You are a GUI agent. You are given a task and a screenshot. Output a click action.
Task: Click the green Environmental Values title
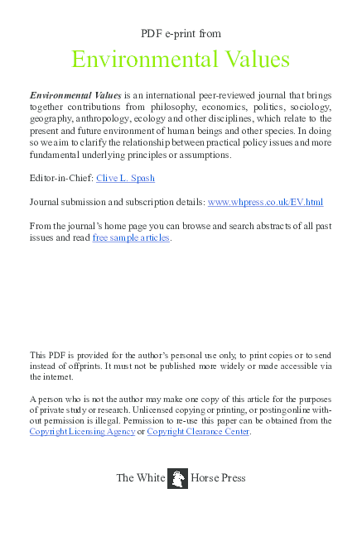coord(181,60)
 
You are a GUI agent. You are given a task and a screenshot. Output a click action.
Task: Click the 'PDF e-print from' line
coord(181,33)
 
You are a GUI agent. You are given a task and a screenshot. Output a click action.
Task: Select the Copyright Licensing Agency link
coord(82,431)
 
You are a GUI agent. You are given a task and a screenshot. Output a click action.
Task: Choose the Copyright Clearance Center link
coord(198,431)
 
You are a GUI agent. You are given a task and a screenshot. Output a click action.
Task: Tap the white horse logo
coord(177,478)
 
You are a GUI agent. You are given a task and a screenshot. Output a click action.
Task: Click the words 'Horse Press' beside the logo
coord(218,478)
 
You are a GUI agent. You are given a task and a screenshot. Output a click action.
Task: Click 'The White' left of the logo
coord(140,478)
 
